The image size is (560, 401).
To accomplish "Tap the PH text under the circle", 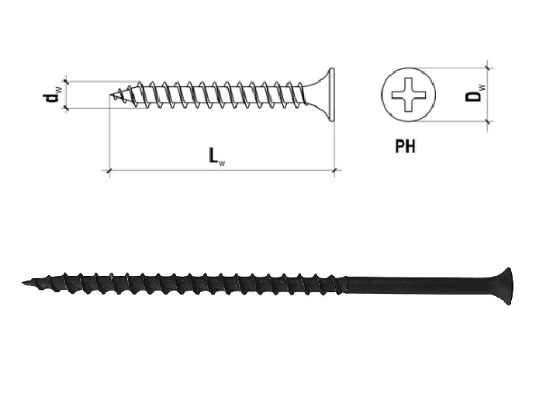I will [405, 145].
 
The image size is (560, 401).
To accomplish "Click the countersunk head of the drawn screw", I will [324, 96].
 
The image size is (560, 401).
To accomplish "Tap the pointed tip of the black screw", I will [26, 281].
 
